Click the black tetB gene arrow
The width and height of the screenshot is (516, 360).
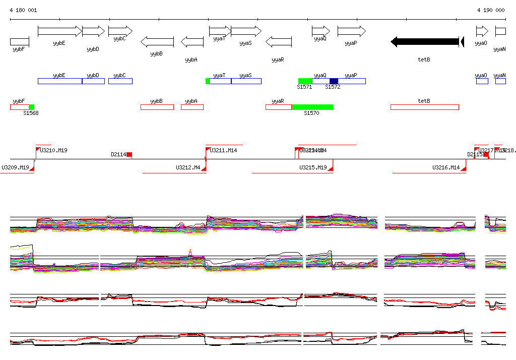(426, 42)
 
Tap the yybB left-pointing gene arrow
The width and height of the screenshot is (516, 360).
(157, 41)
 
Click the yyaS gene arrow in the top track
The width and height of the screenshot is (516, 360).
(246, 31)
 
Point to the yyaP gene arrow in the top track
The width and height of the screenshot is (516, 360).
(351, 31)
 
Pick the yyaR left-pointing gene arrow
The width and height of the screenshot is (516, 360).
(278, 41)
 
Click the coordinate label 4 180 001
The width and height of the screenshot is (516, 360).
(23, 10)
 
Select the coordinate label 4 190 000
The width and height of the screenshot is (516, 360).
(491, 10)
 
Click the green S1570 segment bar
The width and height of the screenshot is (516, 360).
(312, 107)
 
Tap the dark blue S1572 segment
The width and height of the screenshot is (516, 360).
(334, 81)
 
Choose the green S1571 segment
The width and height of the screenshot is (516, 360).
(305, 81)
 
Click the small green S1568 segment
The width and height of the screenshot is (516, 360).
(32, 107)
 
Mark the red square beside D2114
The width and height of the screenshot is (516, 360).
(129, 154)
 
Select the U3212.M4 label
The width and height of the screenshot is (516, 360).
(188, 167)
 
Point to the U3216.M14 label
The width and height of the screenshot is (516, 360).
(446, 167)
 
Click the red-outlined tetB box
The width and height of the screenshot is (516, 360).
(424, 107)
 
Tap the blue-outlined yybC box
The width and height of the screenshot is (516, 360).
(120, 81)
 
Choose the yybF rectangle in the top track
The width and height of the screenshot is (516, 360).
(19, 41)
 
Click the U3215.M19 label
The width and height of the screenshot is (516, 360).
(313, 167)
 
